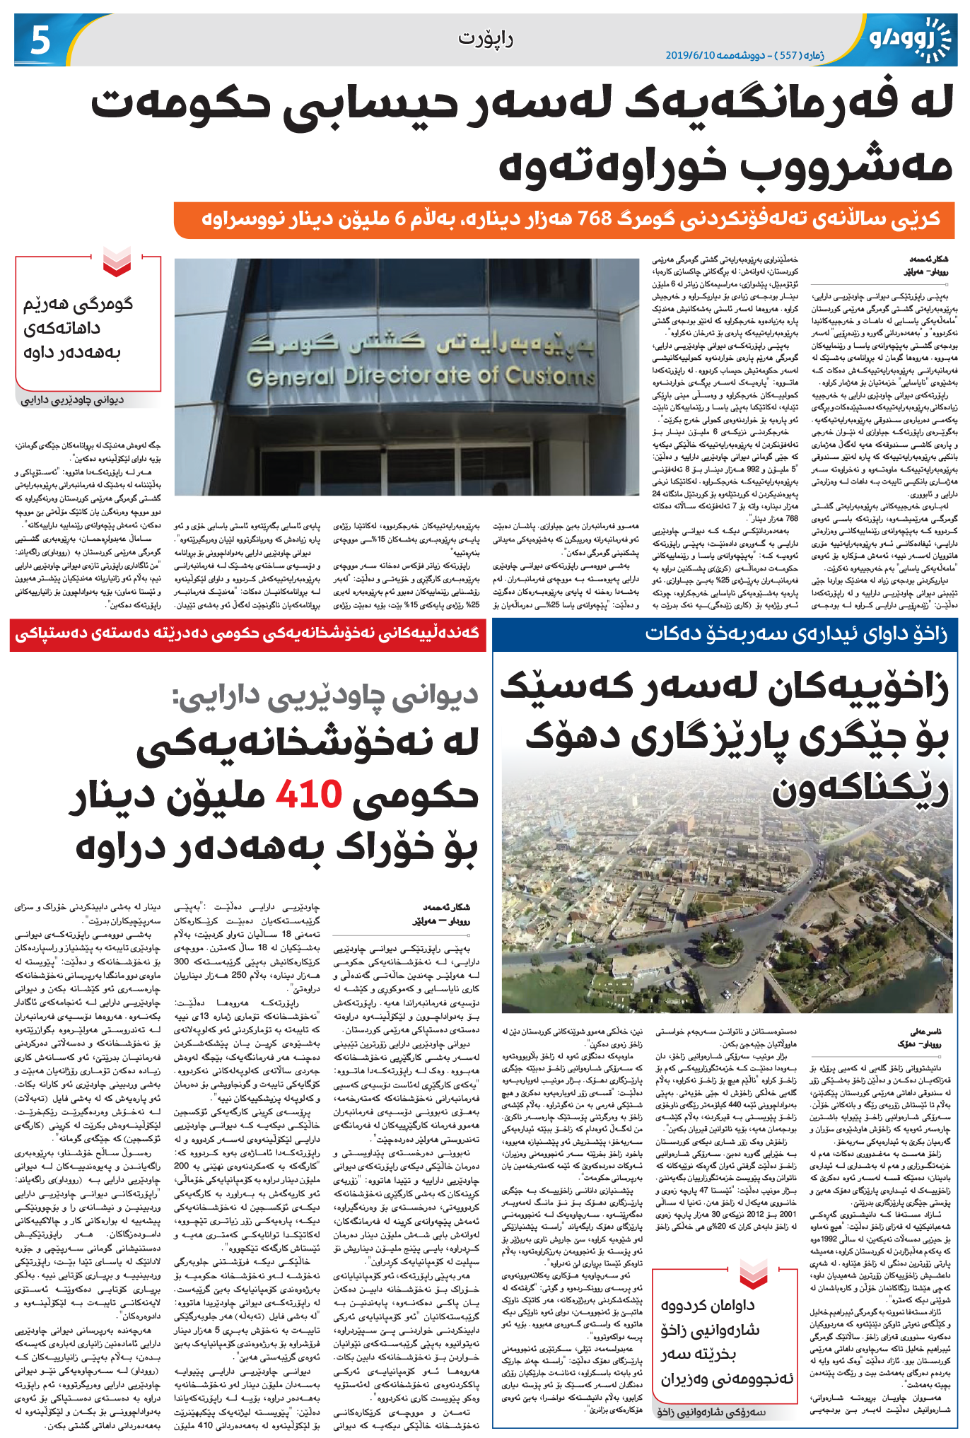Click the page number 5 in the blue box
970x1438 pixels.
(x=40, y=41)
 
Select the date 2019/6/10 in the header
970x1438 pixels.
(x=694, y=55)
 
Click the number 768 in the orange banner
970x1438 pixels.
(x=596, y=219)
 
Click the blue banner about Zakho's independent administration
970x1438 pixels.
(x=795, y=633)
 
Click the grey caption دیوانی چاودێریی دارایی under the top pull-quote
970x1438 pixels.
(x=72, y=400)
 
